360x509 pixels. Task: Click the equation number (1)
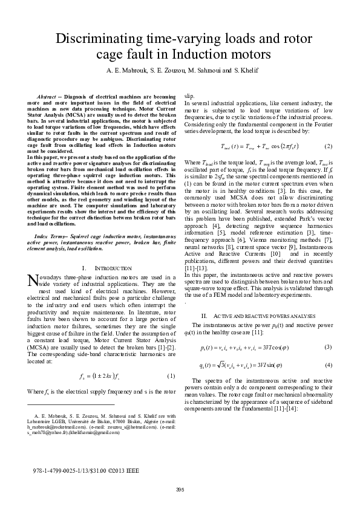[171, 376]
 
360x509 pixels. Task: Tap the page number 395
[180, 489]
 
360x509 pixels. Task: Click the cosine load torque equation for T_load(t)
[258, 147]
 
